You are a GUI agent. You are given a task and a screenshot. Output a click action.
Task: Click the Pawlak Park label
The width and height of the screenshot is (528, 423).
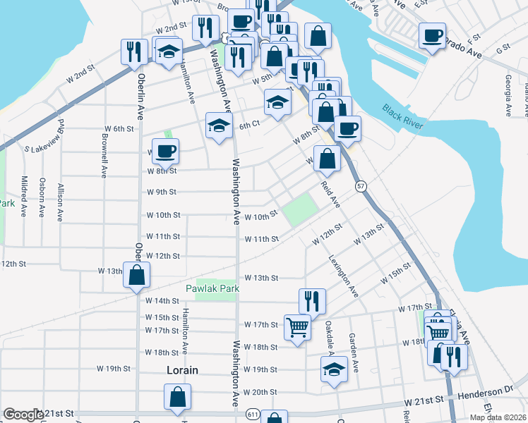click(x=212, y=288)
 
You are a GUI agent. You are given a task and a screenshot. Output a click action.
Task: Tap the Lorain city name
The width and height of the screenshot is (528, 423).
click(x=181, y=369)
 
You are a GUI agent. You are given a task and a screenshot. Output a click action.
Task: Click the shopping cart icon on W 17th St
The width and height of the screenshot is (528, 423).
click(x=298, y=326)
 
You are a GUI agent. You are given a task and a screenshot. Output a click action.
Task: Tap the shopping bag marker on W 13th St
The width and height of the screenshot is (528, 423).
click(x=136, y=275)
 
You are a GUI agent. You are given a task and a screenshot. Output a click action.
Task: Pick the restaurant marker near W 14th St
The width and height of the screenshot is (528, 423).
click(x=312, y=300)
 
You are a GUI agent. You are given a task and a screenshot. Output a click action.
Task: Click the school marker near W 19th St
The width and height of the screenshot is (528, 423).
click(x=333, y=369)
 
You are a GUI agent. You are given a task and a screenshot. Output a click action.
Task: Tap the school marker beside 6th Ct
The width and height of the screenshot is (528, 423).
click(x=219, y=126)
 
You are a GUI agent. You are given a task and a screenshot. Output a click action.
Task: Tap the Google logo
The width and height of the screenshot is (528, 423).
click(x=23, y=415)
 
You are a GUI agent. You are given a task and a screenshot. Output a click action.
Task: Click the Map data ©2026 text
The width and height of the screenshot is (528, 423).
click(x=498, y=417)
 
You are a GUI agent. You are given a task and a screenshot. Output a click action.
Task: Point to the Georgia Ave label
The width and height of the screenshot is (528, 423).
click(x=508, y=90)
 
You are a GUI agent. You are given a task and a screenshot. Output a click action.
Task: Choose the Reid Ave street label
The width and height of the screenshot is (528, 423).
click(x=331, y=193)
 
